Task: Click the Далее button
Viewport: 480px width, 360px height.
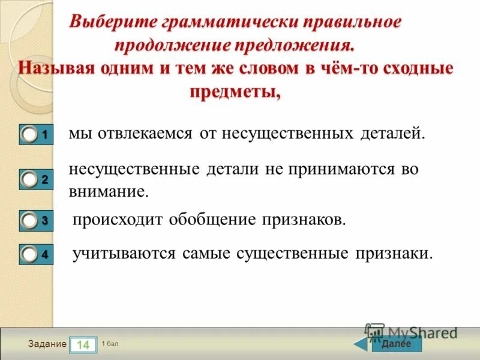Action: (x=396, y=344)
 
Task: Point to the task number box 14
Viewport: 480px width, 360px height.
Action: (x=83, y=345)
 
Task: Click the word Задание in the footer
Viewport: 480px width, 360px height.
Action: (x=47, y=344)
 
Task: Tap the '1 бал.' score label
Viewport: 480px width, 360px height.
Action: (x=111, y=344)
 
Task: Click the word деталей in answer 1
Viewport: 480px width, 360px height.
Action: (x=392, y=133)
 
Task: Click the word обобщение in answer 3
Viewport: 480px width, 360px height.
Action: (x=212, y=220)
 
